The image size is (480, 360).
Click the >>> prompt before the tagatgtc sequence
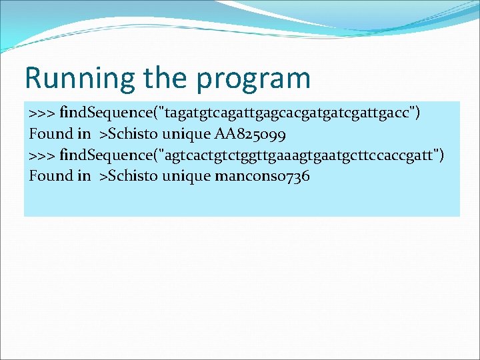click(x=42, y=112)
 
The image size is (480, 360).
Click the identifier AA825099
click(x=251, y=133)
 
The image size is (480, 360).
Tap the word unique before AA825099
click(x=186, y=133)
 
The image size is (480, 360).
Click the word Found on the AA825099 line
click(x=51, y=133)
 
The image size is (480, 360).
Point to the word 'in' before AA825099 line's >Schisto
click(x=83, y=133)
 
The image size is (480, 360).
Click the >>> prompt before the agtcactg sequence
click(x=42, y=155)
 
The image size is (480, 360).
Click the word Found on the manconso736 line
click(x=51, y=176)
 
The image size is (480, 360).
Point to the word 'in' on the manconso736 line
click(x=83, y=176)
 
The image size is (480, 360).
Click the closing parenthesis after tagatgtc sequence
click(x=417, y=112)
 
